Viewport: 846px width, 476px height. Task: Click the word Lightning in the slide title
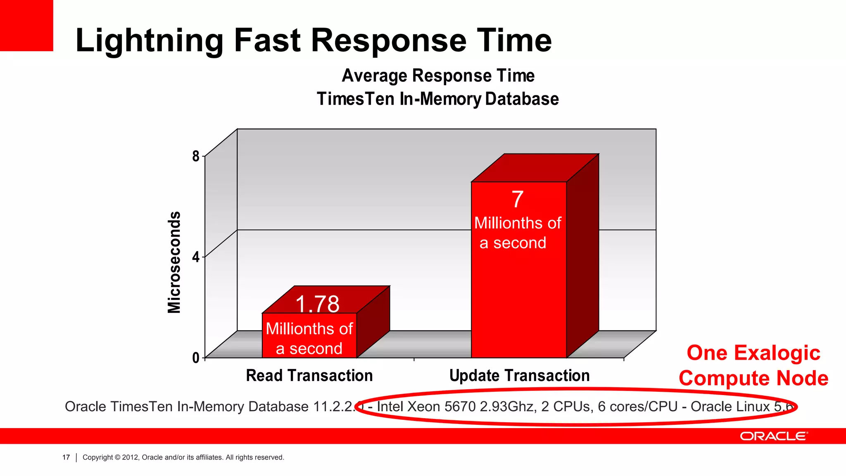pos(149,41)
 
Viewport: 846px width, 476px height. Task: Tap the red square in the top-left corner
pos(26,25)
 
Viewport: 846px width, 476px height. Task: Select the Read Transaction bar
pos(309,335)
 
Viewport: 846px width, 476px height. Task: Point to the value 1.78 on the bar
pos(317,304)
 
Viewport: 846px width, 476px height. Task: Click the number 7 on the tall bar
pos(518,199)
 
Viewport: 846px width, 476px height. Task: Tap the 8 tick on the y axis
pos(196,156)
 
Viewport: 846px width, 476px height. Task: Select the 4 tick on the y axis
pos(196,257)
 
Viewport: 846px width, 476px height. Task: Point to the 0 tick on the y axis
pos(196,358)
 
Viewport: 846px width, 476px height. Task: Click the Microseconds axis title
pos(174,262)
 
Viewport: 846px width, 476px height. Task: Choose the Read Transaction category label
pos(309,376)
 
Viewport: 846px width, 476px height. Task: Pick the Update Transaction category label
pos(519,376)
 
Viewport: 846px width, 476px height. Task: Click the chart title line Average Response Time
pos(438,76)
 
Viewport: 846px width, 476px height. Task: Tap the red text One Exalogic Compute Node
pos(753,366)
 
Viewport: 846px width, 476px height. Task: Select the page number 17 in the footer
pos(66,457)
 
